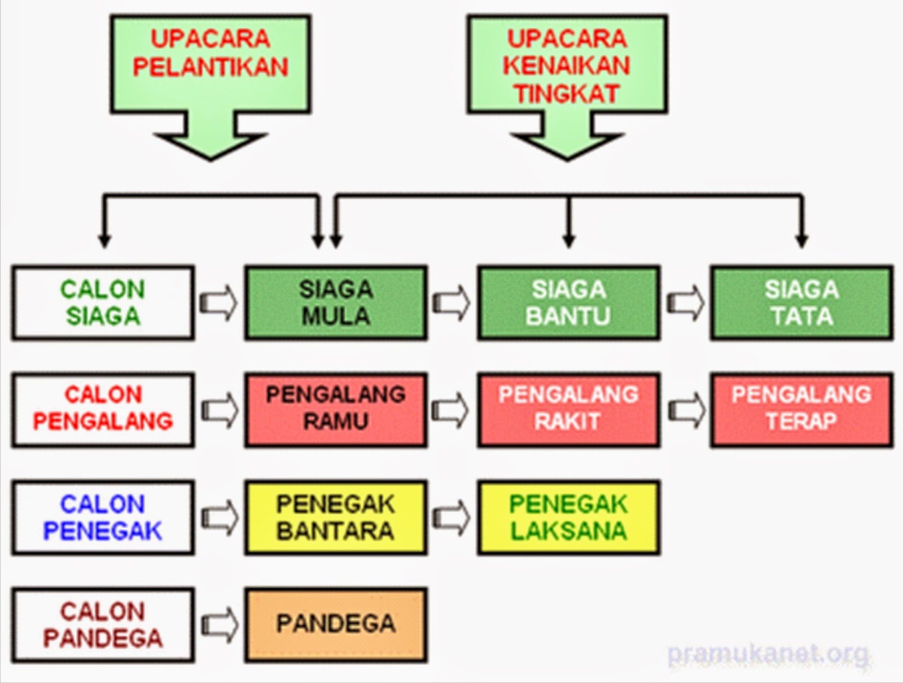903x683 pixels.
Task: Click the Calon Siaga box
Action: [103, 303]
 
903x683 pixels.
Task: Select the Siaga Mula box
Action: [336, 303]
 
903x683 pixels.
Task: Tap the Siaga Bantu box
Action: [568, 303]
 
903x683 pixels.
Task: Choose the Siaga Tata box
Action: [801, 303]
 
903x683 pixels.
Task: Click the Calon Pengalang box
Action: [103, 409]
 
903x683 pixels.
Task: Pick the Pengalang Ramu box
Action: [336, 409]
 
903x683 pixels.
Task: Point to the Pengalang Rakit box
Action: [568, 409]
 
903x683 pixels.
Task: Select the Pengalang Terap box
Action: [801, 409]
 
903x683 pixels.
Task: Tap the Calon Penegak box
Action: [103, 518]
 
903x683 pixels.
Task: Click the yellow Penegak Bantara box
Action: [336, 518]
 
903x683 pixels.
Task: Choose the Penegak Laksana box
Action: [568, 518]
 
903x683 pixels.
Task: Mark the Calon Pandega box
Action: [103, 625]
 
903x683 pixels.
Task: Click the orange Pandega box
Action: [336, 625]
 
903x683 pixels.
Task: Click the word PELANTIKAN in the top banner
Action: [211, 67]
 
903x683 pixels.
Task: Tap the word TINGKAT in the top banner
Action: [567, 94]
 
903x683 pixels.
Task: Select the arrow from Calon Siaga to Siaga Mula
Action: [219, 303]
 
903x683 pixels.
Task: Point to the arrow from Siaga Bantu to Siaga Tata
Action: [685, 303]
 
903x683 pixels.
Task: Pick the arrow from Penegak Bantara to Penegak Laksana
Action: [451, 518]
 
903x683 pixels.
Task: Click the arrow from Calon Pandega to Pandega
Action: [219, 625]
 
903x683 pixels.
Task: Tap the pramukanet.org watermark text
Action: [768, 654]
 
